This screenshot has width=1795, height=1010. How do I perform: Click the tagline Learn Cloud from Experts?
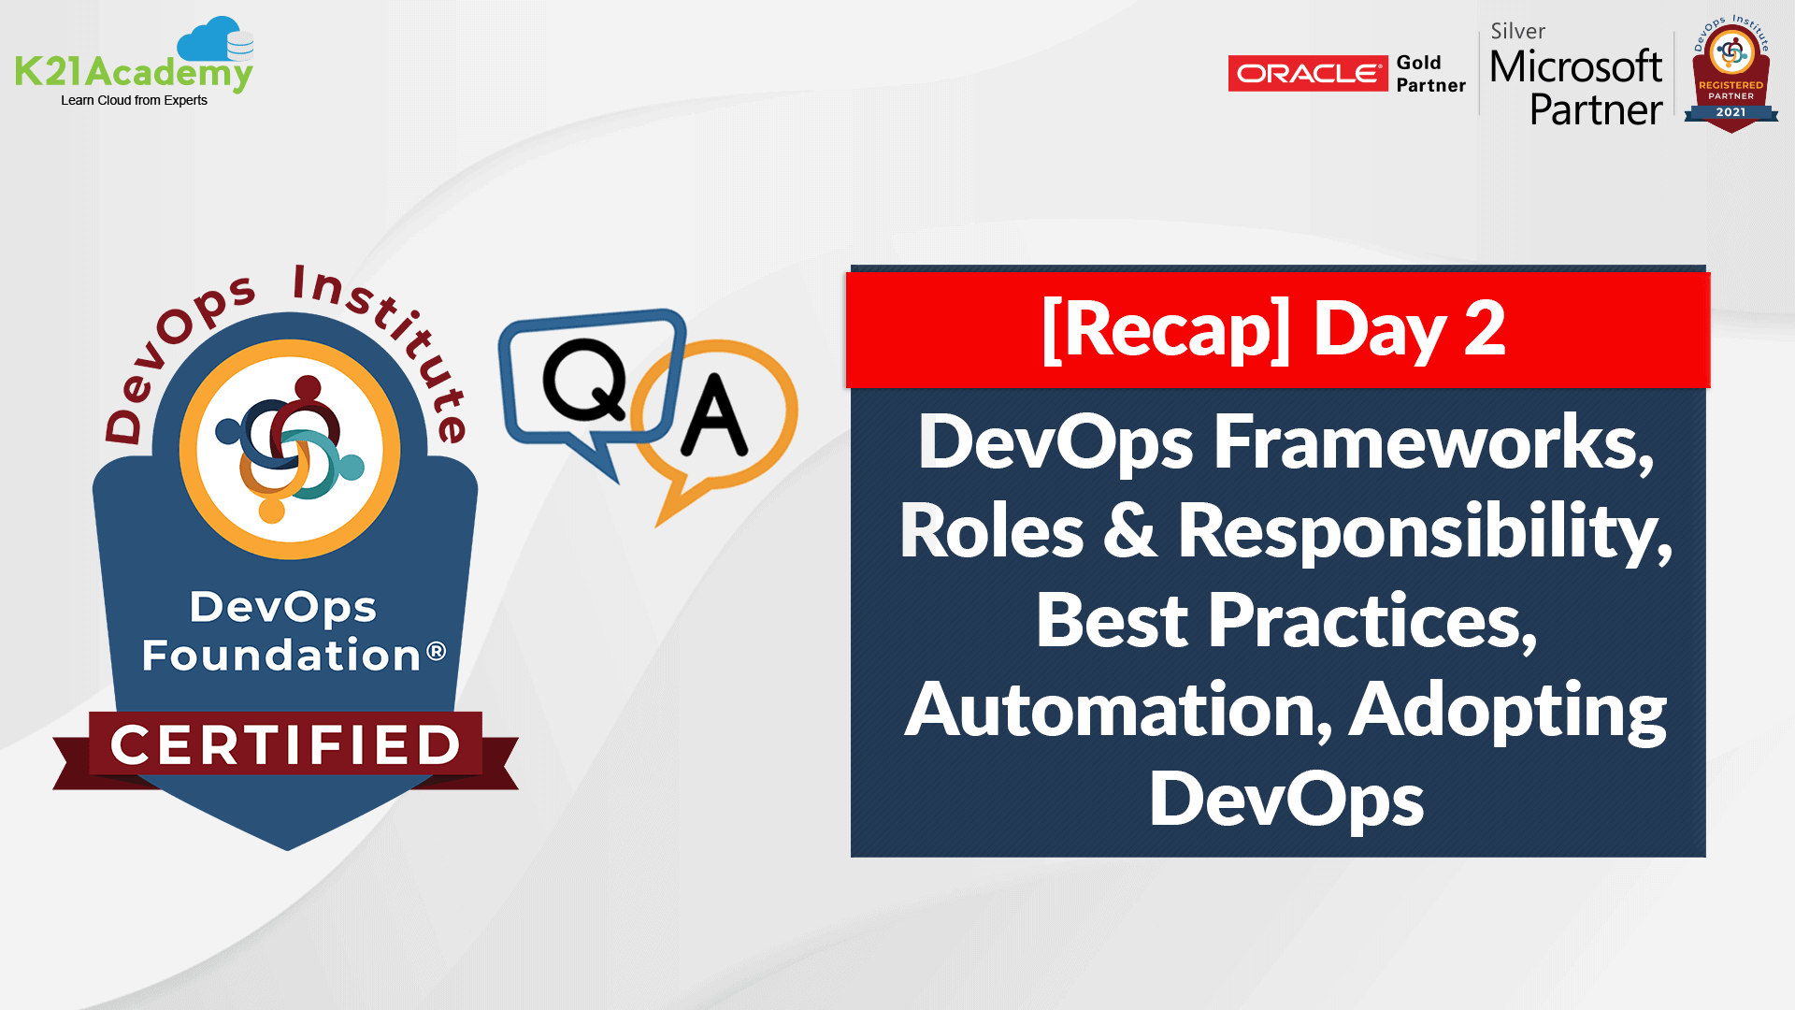134,101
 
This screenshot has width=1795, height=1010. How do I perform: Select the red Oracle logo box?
1307,73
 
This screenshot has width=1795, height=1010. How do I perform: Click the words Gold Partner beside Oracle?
1430,74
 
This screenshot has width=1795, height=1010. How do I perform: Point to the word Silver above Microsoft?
1517,32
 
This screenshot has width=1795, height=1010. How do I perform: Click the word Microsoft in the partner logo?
1575,67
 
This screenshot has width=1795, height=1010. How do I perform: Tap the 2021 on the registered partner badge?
1730,112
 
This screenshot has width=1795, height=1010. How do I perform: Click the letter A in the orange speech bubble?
713,416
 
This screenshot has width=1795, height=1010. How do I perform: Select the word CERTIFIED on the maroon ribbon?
285,745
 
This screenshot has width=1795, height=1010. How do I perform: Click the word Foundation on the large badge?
281,656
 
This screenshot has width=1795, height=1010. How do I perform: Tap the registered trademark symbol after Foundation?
437,651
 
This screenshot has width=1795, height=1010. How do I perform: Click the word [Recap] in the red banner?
1166,329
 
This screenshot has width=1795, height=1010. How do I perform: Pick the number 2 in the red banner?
1484,329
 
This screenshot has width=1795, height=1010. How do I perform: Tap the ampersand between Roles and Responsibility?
1129,531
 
